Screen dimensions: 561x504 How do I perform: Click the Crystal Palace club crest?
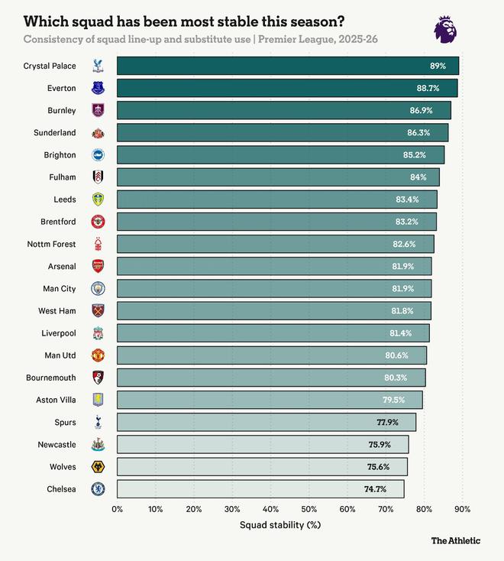point(97,66)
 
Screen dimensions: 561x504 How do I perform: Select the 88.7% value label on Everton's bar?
point(428,89)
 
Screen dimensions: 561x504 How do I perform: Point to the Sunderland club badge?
point(98,133)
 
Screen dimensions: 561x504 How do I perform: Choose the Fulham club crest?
point(98,177)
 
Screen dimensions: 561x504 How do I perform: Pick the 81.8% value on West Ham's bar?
point(402,311)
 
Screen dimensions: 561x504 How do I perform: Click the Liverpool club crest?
point(98,333)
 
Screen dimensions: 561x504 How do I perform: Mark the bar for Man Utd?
point(271,355)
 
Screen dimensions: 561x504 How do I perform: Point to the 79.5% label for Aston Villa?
point(393,400)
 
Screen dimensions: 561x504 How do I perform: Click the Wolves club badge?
point(98,466)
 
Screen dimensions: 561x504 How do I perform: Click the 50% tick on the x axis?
point(309,509)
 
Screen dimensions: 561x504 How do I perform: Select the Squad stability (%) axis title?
point(279,525)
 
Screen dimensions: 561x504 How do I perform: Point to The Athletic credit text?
point(455,541)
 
